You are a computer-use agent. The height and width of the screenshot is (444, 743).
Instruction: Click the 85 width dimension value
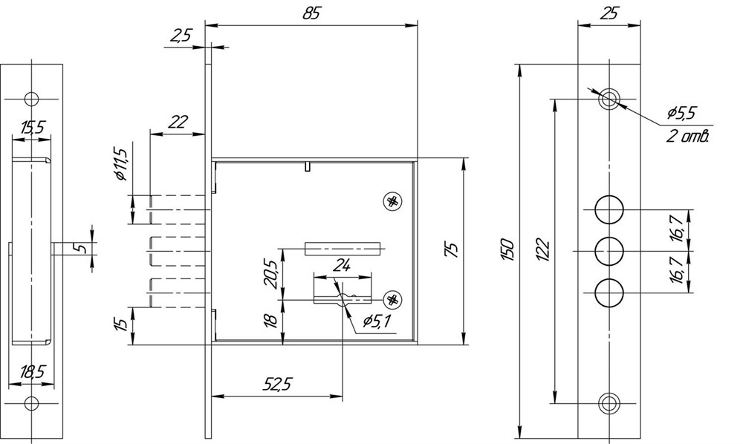[x=311, y=13]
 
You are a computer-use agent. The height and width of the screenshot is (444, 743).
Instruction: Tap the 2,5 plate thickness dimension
[x=180, y=36]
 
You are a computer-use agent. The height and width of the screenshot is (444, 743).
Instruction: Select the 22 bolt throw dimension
[x=178, y=122]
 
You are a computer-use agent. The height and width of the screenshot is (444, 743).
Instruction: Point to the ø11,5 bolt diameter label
[x=121, y=164]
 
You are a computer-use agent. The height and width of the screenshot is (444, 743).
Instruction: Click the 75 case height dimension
[x=452, y=249]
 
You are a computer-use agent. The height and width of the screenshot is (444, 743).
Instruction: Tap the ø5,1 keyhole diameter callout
[x=377, y=322]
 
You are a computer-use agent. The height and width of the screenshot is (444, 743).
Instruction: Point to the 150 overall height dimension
[x=507, y=249]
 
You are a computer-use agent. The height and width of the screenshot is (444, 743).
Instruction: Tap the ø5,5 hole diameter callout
[x=681, y=113]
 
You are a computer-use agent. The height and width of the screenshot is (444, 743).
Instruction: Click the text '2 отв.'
[x=688, y=137]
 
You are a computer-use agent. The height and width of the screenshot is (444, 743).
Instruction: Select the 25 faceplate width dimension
[x=609, y=13]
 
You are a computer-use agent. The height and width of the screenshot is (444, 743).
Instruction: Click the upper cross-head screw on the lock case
[x=392, y=202]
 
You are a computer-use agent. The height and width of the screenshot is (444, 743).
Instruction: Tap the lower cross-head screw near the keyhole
[x=392, y=299]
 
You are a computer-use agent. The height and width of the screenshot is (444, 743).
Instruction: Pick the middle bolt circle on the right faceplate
[x=609, y=251]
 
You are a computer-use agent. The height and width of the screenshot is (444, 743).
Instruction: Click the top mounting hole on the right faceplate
[x=609, y=99]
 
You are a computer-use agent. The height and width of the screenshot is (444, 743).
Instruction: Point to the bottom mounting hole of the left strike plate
[x=31, y=404]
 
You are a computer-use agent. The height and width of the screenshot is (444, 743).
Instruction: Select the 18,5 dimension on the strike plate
[x=32, y=372]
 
